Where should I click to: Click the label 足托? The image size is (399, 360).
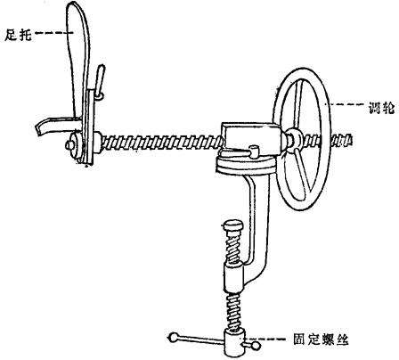18,36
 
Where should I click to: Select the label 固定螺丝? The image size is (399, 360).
321,340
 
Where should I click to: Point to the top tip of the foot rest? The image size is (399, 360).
73,3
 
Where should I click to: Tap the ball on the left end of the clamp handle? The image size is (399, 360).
174,338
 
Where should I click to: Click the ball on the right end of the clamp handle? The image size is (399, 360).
256,346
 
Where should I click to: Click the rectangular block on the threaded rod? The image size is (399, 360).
252,136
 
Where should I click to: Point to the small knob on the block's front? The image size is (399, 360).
254,151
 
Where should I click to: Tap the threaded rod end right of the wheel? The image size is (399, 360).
341,139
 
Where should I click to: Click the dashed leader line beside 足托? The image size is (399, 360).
54,33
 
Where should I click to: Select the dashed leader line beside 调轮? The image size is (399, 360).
345,104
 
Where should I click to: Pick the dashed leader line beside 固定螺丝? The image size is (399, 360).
266,339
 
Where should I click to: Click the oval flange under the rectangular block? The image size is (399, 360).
247,165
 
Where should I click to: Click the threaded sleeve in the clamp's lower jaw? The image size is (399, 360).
233,279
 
